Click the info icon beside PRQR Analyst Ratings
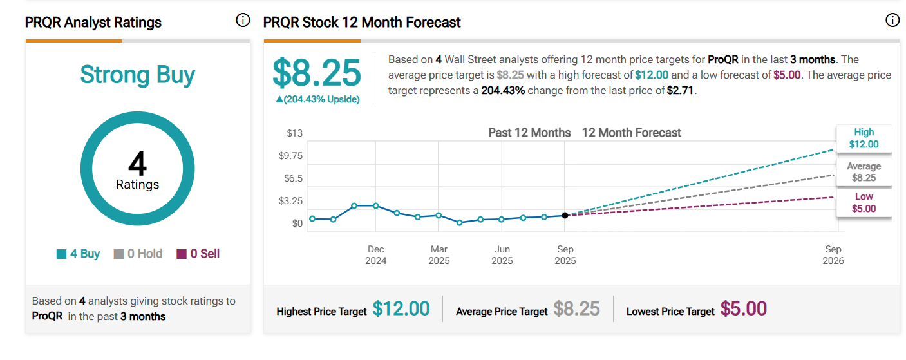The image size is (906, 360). click(243, 21)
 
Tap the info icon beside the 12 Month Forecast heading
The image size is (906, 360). click(892, 21)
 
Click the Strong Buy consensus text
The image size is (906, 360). click(137, 75)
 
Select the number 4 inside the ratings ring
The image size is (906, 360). click(137, 164)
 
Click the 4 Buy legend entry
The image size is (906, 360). click(79, 254)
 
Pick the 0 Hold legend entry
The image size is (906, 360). click(138, 254)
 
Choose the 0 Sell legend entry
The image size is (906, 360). click(198, 254)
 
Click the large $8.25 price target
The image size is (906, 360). click(316, 73)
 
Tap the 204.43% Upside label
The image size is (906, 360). click(317, 99)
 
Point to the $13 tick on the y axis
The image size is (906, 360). click(294, 133)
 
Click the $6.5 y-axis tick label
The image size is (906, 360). click(294, 178)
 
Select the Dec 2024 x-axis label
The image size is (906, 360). click(376, 255)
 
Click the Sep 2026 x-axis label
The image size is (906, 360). click(833, 255)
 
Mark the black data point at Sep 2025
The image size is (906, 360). click(565, 215)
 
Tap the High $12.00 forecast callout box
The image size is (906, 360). click(864, 138)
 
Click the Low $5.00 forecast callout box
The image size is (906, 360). click(864, 203)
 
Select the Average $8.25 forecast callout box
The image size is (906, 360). click(864, 172)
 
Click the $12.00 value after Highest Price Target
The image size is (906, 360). click(401, 309)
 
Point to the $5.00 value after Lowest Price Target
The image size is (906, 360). click(744, 309)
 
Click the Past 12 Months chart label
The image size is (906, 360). click(529, 133)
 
